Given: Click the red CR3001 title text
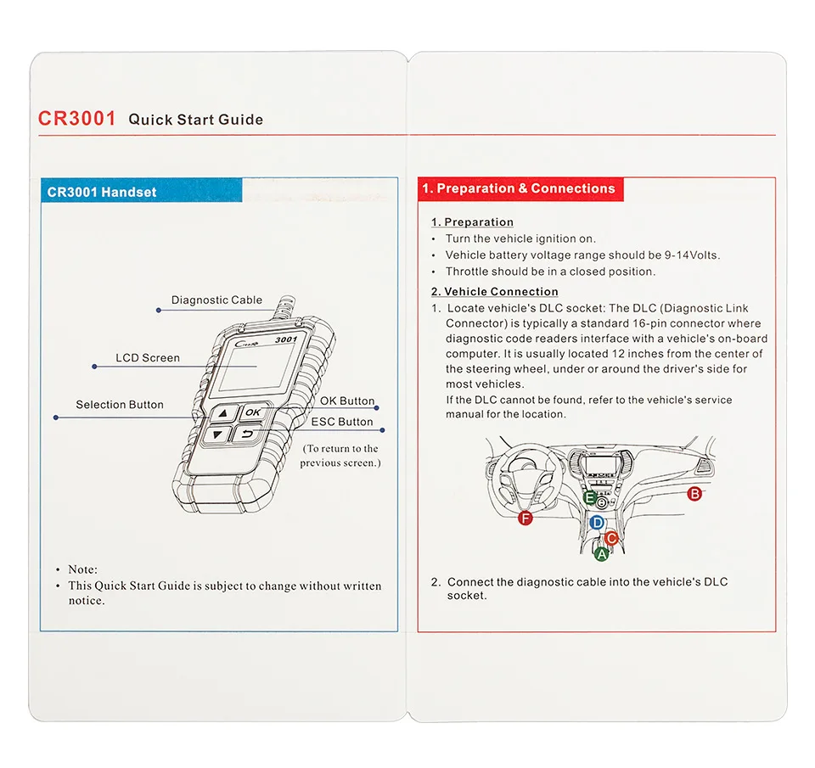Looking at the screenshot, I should [x=77, y=118].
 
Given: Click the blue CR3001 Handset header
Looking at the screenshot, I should [x=102, y=192].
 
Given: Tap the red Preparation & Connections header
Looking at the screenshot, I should [x=520, y=188].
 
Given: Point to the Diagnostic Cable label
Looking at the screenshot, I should [x=216, y=300].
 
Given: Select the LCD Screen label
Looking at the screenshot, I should [x=148, y=358].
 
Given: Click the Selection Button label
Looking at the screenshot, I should [x=120, y=405].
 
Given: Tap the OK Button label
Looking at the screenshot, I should [x=346, y=401].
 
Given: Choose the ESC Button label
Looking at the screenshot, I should [x=342, y=422].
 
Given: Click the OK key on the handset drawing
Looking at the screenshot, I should [x=252, y=412].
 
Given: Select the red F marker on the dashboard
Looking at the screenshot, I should [x=526, y=518].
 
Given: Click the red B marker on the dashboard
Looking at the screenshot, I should [x=694, y=494].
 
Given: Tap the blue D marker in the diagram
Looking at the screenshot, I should [x=597, y=523].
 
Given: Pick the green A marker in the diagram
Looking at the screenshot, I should [x=601, y=554].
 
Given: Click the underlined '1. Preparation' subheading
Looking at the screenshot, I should [x=472, y=222].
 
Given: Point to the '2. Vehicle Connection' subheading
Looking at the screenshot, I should [x=494, y=292].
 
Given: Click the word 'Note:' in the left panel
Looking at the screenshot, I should [x=83, y=569].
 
